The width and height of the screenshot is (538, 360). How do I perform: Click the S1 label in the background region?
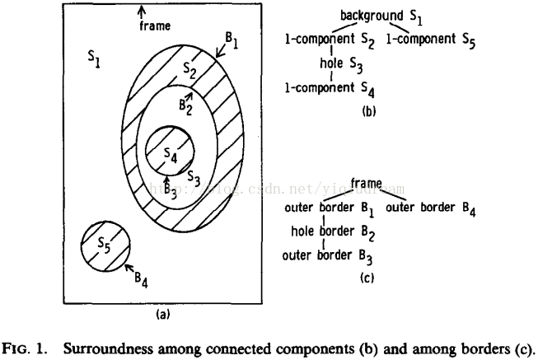pos(93,58)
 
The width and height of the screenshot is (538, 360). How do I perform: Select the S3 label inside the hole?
pos(194,176)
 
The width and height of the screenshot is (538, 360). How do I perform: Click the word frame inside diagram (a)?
pos(154,26)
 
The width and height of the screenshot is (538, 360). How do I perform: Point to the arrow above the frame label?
pos(142,11)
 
